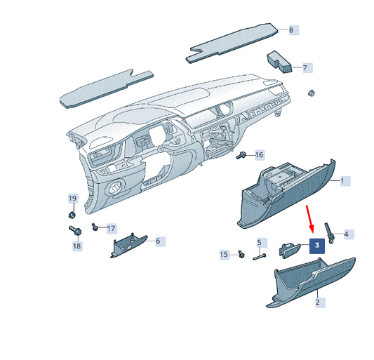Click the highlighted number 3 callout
click(317, 246)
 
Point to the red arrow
click(310, 218)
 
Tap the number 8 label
click(293, 30)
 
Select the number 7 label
click(307, 68)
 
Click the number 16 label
click(260, 155)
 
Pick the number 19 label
click(72, 199)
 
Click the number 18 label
click(76, 246)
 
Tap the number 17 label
click(111, 229)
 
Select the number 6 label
click(160, 241)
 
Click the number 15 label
click(224, 255)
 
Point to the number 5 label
click(259, 243)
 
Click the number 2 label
click(320, 302)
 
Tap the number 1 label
click(345, 181)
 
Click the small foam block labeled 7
click(279, 62)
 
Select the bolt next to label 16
click(241, 156)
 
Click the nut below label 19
click(72, 215)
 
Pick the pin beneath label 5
click(259, 257)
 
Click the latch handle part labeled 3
click(289, 251)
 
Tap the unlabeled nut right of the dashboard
click(312, 93)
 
